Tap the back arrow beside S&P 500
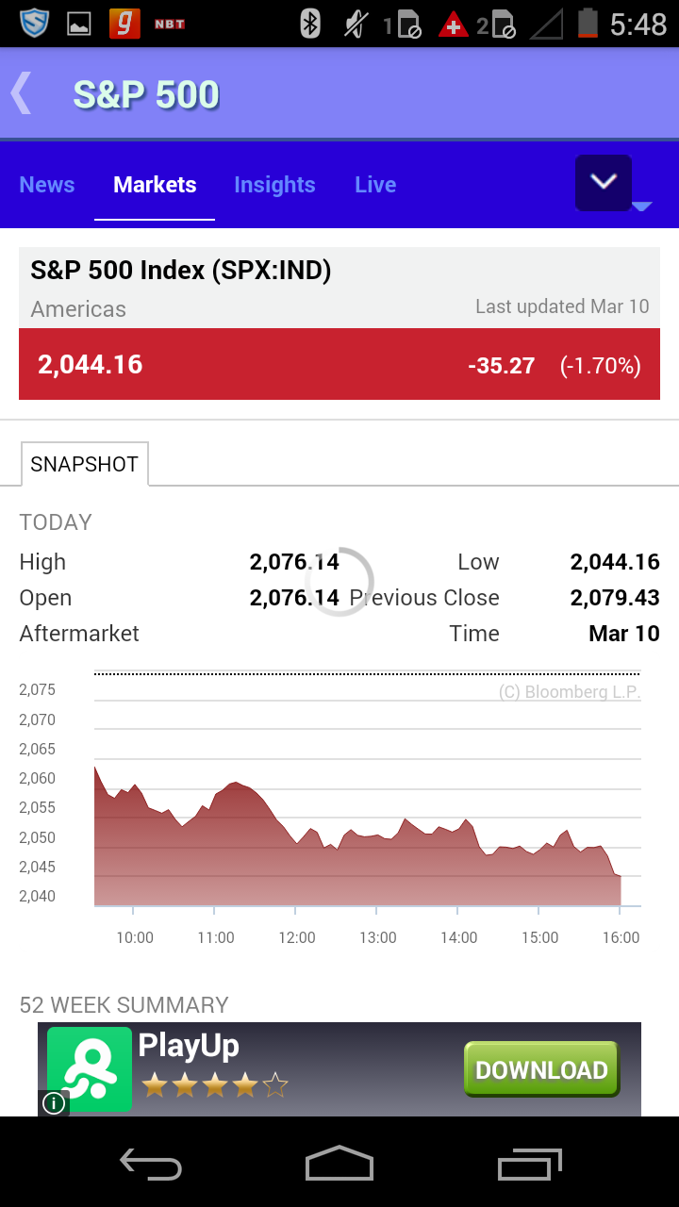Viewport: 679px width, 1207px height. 22,93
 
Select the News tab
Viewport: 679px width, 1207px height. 47,185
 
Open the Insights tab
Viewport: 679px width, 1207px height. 274,185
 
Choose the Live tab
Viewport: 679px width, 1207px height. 375,185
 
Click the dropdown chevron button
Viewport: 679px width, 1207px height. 604,182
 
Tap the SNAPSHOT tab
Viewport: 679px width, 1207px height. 84,464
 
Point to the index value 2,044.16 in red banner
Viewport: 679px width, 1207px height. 91,365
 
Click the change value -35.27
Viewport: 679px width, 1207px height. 502,366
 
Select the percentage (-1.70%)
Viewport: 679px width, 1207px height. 601,366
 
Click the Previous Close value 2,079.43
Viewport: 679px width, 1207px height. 615,598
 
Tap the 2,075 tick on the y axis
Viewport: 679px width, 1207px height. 38,689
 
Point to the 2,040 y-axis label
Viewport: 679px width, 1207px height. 38,896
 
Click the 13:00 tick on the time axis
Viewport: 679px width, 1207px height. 377,937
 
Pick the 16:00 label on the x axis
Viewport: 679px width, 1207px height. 621,937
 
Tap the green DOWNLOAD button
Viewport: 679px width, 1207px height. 541,1069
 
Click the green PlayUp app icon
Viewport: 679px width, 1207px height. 90,1069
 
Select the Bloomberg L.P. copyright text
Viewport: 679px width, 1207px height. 570,692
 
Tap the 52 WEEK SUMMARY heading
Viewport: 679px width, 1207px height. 124,1004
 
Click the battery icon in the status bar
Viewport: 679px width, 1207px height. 588,24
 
